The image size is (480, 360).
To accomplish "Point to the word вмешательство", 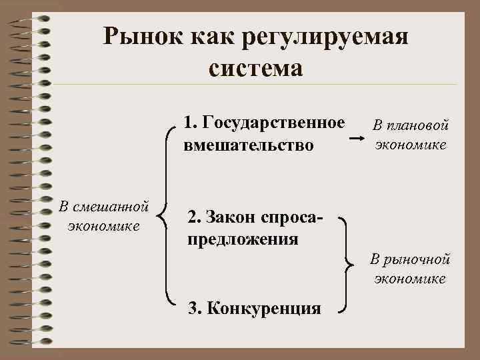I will [x=248, y=144].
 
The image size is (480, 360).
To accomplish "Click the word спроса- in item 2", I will [x=293, y=217].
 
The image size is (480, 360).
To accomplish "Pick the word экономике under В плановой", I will [x=411, y=145].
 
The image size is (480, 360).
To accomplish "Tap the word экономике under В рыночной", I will [x=411, y=279].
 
